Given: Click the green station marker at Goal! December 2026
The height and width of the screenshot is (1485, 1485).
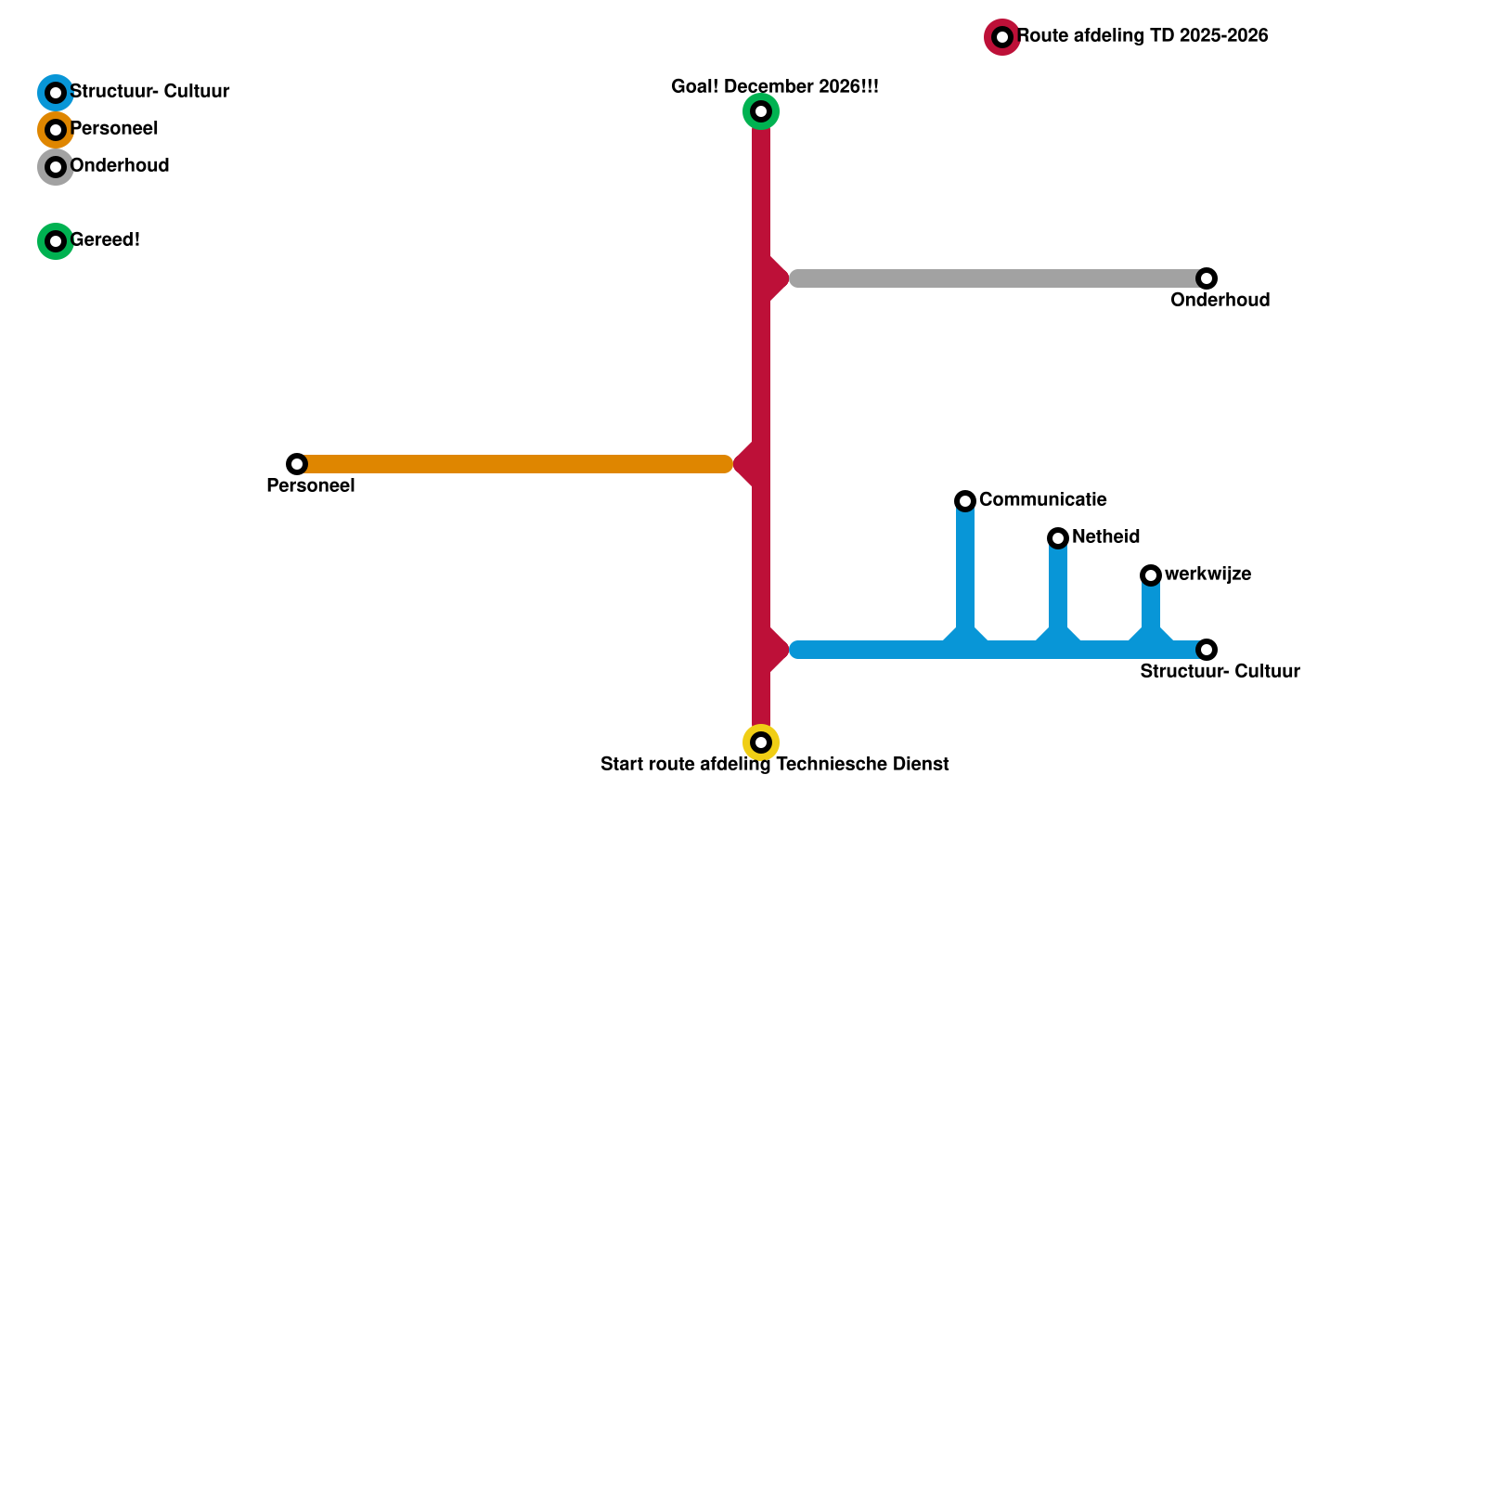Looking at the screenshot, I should click(x=761, y=111).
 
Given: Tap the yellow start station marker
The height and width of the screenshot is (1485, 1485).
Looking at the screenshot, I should click(x=761, y=742).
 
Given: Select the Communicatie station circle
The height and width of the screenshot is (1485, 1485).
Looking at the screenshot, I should click(x=965, y=501).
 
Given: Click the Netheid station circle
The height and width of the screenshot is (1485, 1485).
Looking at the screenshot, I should click(x=1058, y=538).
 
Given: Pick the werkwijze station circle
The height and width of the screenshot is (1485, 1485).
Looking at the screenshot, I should click(x=1151, y=575).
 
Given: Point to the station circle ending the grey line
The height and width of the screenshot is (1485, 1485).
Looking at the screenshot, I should click(x=1207, y=278).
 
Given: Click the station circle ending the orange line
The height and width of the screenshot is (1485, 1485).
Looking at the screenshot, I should click(x=297, y=464).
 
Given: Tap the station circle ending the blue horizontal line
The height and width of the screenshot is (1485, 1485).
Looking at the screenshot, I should click(x=1207, y=650).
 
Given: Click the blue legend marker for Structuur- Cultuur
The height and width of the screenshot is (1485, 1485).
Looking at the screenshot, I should click(x=56, y=93).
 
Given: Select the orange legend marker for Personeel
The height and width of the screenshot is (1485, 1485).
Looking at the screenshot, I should click(x=56, y=130).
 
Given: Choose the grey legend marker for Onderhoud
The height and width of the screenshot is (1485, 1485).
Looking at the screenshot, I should click(x=56, y=167).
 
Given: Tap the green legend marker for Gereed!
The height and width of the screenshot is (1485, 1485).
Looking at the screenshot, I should click(x=56, y=241).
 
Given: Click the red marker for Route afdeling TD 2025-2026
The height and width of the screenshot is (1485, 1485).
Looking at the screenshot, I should click(x=1002, y=37).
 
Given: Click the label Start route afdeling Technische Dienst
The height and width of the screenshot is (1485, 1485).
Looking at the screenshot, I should click(x=774, y=765).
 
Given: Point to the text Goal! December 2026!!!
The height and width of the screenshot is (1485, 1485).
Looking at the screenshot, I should click(x=774, y=87).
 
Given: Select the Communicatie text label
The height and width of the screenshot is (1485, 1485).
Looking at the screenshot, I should click(x=1042, y=500).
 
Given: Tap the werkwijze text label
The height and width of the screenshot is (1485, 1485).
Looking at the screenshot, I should click(x=1207, y=575).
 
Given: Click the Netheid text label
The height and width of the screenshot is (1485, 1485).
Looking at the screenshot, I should click(x=1105, y=537).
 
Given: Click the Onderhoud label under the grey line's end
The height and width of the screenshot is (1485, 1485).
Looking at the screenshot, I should click(x=1220, y=301).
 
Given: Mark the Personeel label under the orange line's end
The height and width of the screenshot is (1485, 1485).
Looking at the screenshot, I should click(x=310, y=486).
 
